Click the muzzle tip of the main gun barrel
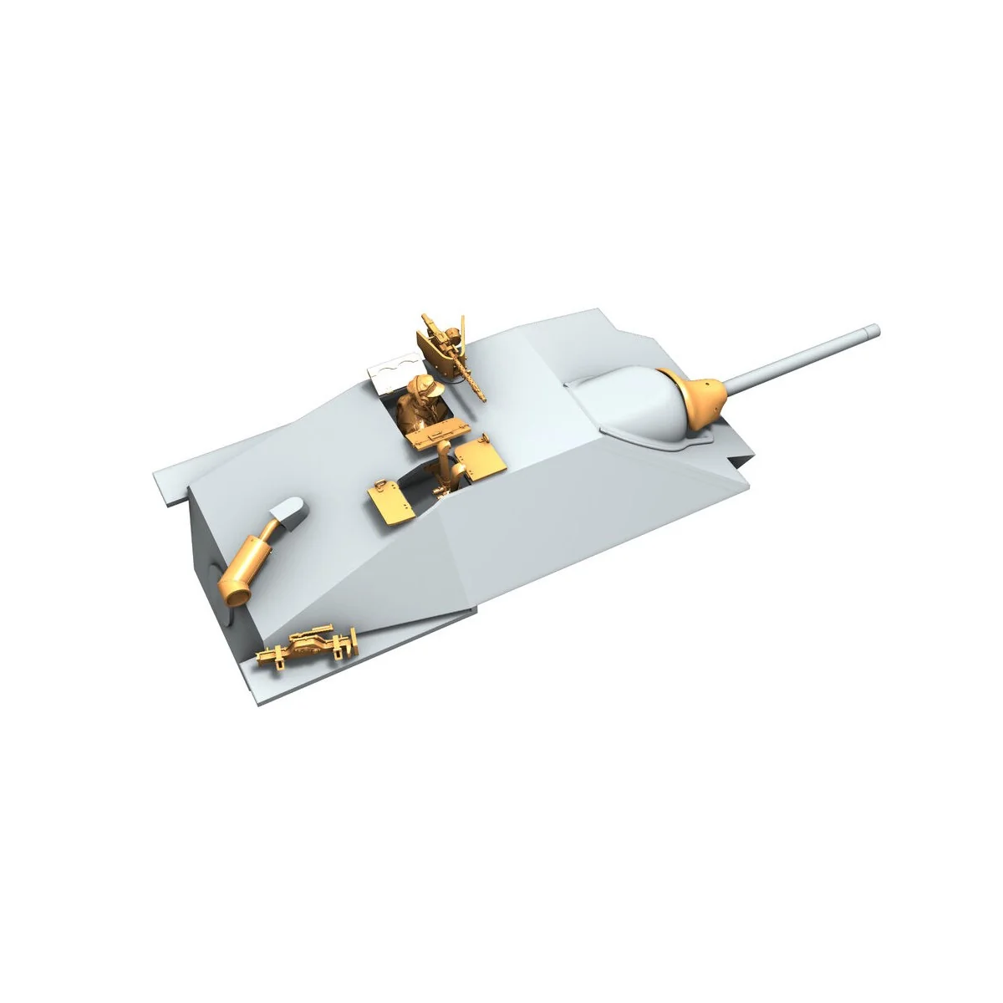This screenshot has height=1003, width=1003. coord(876,328)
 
